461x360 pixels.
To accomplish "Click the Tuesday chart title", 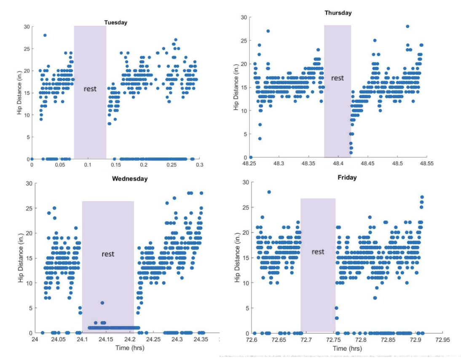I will [x=115, y=22].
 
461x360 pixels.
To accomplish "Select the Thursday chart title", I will [x=338, y=13].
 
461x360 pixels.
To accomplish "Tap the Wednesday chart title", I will [x=130, y=179].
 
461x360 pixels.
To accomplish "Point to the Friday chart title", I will [x=347, y=177].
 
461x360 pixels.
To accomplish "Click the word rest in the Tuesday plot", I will [x=90, y=89].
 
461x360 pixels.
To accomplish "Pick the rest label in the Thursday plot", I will [x=337, y=78].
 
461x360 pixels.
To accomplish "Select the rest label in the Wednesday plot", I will [x=108, y=254].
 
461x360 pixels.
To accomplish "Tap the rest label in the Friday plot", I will [x=318, y=252].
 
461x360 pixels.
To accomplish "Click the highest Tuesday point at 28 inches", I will [x=45, y=35].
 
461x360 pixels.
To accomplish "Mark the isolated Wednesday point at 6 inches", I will [x=102, y=303].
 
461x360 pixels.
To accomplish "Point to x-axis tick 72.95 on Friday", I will [x=442, y=339].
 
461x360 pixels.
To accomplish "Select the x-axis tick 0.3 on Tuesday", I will [x=199, y=164].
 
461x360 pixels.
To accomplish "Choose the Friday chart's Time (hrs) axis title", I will [x=347, y=348].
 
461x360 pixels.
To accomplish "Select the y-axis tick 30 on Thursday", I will [x=244, y=17].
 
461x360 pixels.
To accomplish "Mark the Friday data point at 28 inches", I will [x=269, y=192].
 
